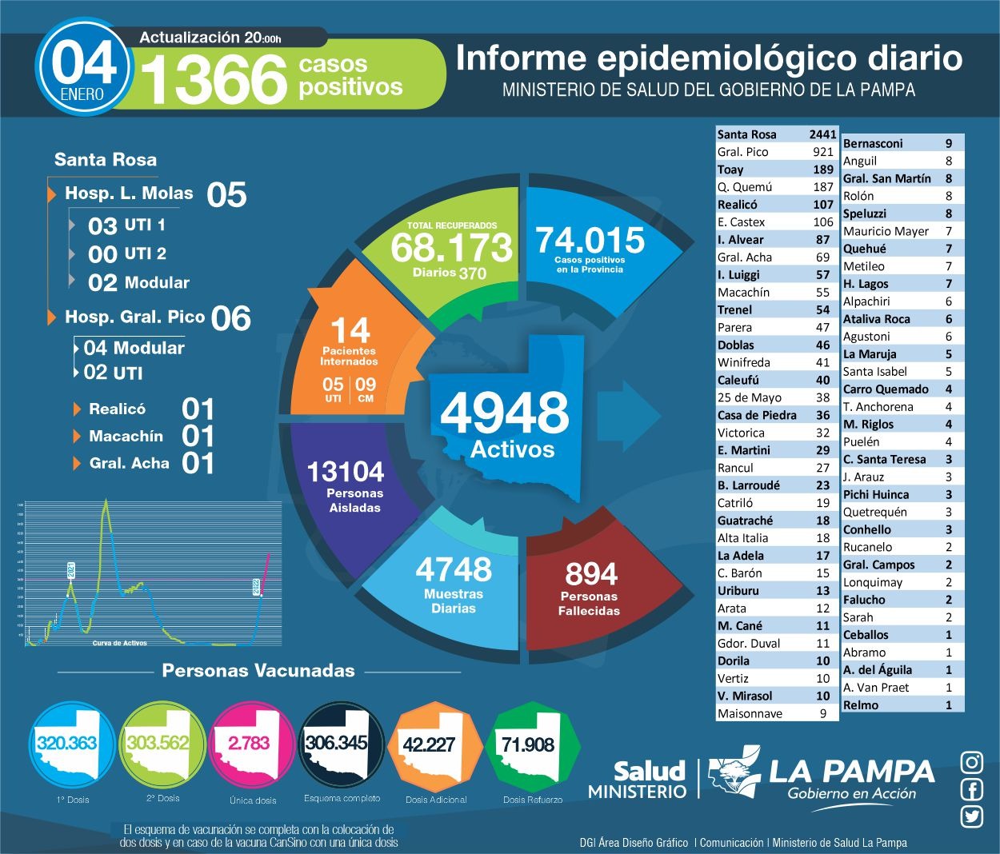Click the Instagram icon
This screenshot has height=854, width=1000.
[x=971, y=762]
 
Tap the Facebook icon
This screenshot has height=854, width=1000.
[x=971, y=789]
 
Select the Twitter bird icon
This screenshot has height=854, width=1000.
[x=971, y=816]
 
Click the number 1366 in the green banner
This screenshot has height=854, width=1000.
[x=214, y=79]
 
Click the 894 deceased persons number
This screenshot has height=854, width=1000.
[x=590, y=573]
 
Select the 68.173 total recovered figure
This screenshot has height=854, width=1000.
[x=451, y=247]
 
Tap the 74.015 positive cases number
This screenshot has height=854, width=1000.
[x=590, y=240]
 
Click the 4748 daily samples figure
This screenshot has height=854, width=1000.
[x=453, y=569]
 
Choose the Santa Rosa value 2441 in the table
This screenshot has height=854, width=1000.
[x=822, y=134]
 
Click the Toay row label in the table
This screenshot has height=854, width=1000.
[x=730, y=170]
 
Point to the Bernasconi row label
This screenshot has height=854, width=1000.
[x=873, y=143]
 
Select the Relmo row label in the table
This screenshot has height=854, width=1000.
[x=861, y=705]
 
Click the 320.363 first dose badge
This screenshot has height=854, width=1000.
[x=66, y=744]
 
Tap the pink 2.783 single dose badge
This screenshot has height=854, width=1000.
[x=249, y=744]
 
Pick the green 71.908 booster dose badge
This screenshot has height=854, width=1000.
[x=528, y=745]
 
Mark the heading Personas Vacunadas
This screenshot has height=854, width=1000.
[x=258, y=671]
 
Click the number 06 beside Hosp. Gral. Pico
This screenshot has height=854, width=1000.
[x=231, y=319]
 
